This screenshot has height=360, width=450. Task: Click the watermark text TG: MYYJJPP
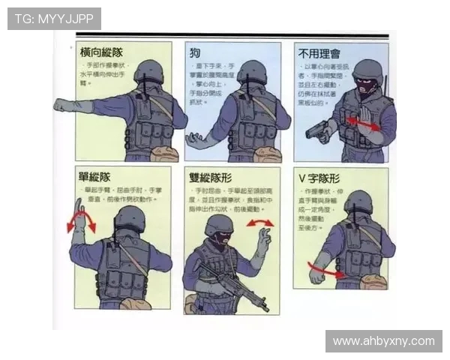[x=54, y=19]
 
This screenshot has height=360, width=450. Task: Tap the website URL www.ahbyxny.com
[x=383, y=341]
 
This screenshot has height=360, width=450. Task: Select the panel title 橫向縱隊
[x=101, y=52]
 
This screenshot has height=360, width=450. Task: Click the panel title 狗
[x=194, y=52]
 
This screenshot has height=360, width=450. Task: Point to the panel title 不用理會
[x=319, y=54]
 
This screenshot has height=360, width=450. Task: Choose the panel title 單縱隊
[x=95, y=178]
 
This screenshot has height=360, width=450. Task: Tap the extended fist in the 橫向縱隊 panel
[x=62, y=105]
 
